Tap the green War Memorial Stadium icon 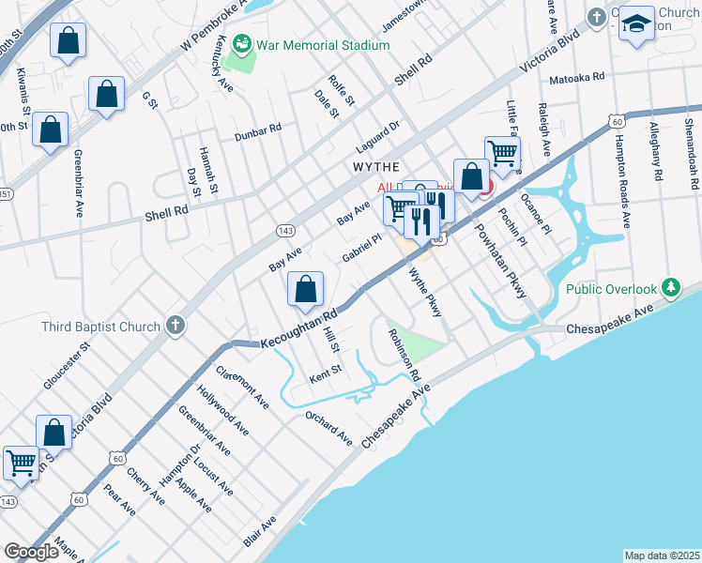pyautogui.click(x=243, y=44)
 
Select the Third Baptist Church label pyautogui.click(x=101, y=327)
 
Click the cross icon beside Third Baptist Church pyautogui.click(x=175, y=327)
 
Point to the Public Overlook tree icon pyautogui.click(x=670, y=286)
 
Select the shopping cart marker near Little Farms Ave pyautogui.click(x=503, y=152)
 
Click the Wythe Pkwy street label pyautogui.click(x=424, y=292)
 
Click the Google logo pyautogui.click(x=32, y=552)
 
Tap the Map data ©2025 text pyautogui.click(x=662, y=555)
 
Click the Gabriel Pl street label pyautogui.click(x=361, y=250)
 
